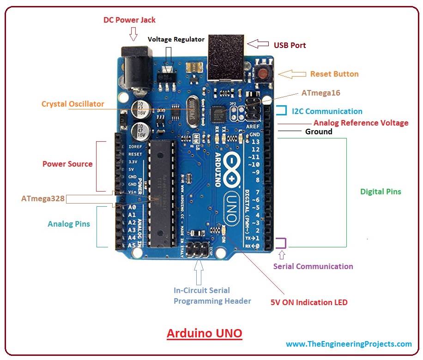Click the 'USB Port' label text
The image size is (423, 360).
tap(290, 45)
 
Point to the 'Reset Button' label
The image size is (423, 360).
tap(334, 74)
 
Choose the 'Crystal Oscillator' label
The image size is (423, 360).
tap(73, 104)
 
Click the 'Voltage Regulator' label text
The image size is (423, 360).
tap(176, 39)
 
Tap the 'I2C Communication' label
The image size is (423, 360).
tap(327, 111)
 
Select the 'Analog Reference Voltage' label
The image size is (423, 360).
tap(361, 123)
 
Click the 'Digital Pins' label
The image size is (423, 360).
tap(381, 191)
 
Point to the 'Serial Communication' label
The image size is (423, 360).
tap(313, 266)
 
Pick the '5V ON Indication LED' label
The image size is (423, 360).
tap(309, 303)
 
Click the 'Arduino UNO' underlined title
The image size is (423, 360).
tap(204, 333)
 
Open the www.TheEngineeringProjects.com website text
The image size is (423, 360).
tap(349, 344)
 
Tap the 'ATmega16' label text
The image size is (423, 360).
tap(320, 93)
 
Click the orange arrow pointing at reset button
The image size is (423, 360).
tap(294, 74)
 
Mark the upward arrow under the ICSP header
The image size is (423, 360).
tap(199, 272)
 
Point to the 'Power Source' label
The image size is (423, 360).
tap(67, 164)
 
